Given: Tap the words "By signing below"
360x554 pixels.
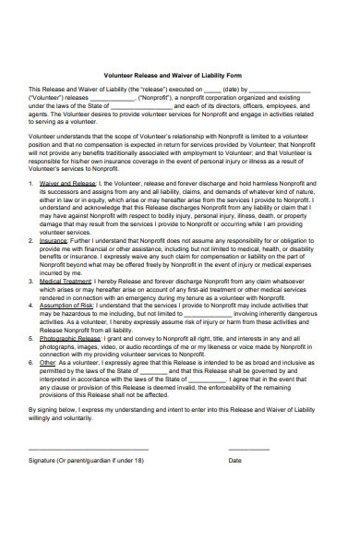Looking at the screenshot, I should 55,405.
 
